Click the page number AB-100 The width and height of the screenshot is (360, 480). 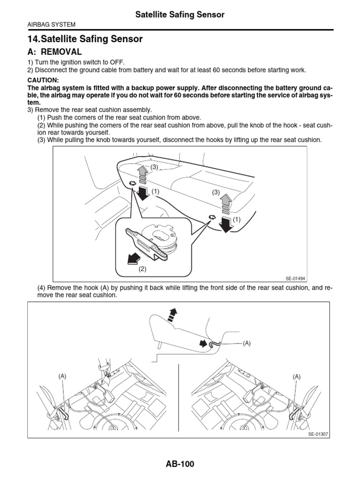coord(180,464)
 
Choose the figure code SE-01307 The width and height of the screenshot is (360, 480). coord(318,434)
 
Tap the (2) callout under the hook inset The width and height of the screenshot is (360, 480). coord(142,269)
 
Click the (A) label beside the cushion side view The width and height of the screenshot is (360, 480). coord(247,343)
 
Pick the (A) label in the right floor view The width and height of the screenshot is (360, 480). coord(297,376)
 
